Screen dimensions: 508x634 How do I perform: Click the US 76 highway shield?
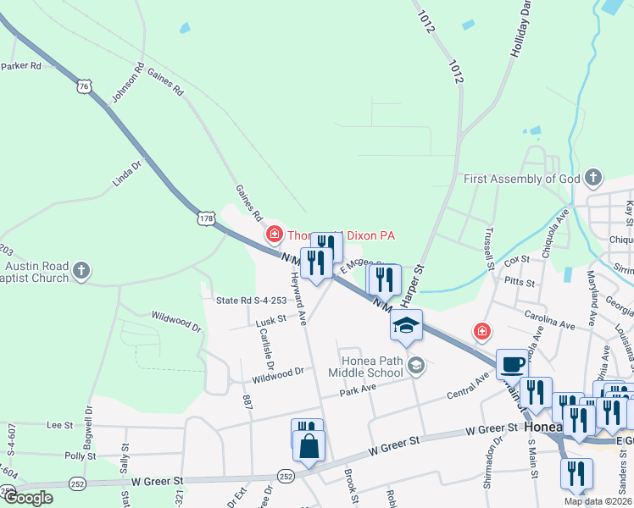coord(82,86)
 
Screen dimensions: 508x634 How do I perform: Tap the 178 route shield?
coord(206,218)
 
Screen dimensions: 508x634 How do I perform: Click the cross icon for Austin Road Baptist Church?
coord(81,271)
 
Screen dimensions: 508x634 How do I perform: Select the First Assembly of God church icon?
coord(594,179)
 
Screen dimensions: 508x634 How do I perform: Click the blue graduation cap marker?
coord(406,325)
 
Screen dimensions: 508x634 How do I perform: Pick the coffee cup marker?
coord(512,364)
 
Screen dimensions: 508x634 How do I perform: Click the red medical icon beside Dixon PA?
coord(274,235)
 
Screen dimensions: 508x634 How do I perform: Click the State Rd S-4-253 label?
coord(251,300)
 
